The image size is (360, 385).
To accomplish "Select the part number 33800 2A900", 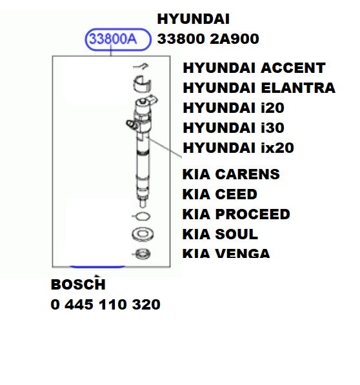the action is tap(208, 39).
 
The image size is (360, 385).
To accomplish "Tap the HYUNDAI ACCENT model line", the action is tap(254, 68).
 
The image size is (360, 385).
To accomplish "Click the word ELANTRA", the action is tap(298, 88).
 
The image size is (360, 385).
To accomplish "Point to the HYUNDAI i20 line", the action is tap(234, 108).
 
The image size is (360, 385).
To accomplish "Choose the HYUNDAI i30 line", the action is tap(234, 128).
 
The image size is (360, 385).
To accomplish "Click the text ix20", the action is tap(277, 148).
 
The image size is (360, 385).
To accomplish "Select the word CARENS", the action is tap(248, 174).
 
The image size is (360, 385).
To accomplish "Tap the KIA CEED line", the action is tap(220, 194).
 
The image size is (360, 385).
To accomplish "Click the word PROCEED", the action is tap(253, 214).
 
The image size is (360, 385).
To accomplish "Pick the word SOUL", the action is tap(237, 234).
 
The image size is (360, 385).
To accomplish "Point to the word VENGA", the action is tap(243, 253).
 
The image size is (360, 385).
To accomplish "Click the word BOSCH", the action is tap(78, 284).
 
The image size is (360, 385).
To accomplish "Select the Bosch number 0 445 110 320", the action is tap(105, 304).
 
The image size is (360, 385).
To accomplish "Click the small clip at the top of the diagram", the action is tap(141, 66).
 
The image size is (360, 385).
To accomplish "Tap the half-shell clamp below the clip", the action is tap(143, 84).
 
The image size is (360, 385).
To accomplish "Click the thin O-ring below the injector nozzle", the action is tap(143, 216).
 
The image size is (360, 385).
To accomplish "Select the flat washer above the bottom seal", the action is tap(143, 233).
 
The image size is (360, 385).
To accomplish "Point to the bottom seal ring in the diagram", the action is tap(143, 254).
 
